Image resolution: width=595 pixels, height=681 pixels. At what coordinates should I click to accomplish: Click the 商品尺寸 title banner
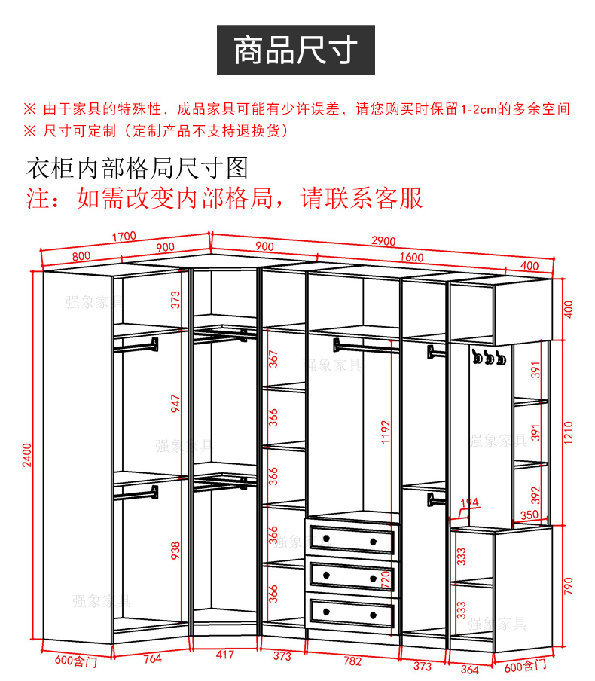295,50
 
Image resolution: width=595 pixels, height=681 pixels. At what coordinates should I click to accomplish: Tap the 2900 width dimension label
383,241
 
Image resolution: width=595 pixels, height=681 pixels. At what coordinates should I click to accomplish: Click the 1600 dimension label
411,257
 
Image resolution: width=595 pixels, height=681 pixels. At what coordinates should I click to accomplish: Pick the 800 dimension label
81,256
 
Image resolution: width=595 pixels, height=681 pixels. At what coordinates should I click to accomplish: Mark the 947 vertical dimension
175,405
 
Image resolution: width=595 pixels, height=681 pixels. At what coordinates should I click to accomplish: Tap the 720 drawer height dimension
386,579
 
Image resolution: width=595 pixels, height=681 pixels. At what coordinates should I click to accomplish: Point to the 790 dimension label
569,585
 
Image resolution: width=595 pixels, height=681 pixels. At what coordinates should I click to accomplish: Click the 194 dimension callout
469,502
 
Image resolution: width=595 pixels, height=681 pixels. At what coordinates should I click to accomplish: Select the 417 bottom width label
224,656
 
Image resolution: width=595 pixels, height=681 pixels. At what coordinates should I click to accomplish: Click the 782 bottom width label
352,661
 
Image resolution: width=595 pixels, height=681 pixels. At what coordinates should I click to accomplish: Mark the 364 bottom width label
469,669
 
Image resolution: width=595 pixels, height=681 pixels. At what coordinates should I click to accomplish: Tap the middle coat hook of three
488,358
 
